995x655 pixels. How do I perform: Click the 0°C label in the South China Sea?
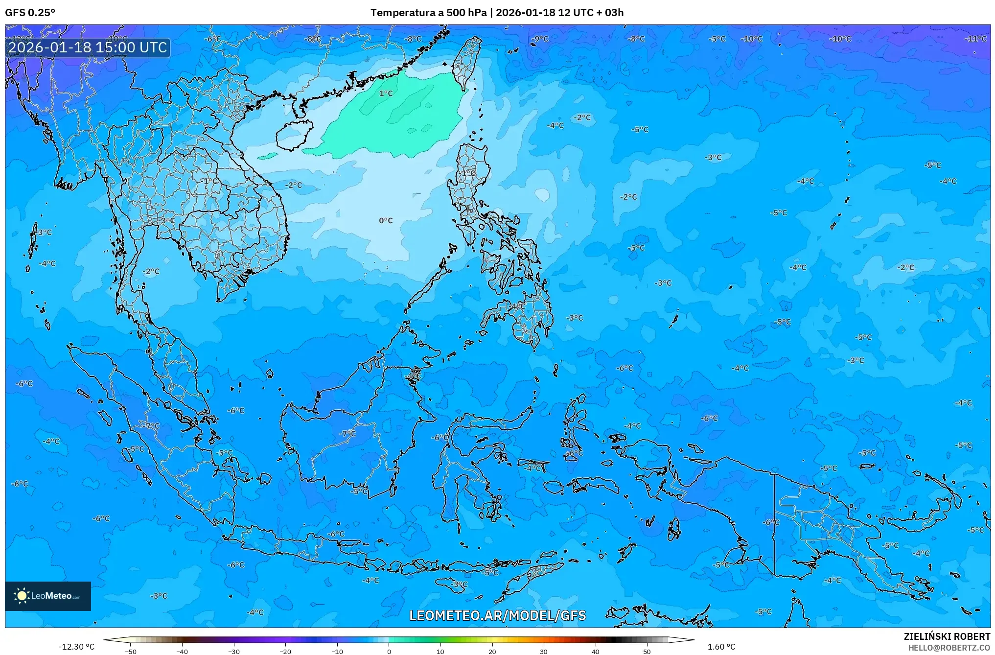386,221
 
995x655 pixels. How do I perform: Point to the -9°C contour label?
540,39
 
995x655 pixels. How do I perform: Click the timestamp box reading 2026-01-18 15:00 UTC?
88,47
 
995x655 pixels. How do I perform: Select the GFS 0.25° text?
30,13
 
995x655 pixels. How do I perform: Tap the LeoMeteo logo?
48,596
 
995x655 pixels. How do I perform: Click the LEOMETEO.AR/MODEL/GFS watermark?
497,615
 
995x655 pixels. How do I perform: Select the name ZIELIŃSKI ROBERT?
947,637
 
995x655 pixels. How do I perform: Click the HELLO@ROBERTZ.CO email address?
949,648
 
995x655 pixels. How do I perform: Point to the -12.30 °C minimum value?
76,647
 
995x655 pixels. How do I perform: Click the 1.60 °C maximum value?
721,647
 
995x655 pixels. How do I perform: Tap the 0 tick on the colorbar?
389,652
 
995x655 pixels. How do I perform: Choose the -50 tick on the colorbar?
131,652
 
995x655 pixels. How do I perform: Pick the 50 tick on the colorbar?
647,652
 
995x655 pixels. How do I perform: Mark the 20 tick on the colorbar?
492,652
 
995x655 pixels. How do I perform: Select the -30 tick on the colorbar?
234,652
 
